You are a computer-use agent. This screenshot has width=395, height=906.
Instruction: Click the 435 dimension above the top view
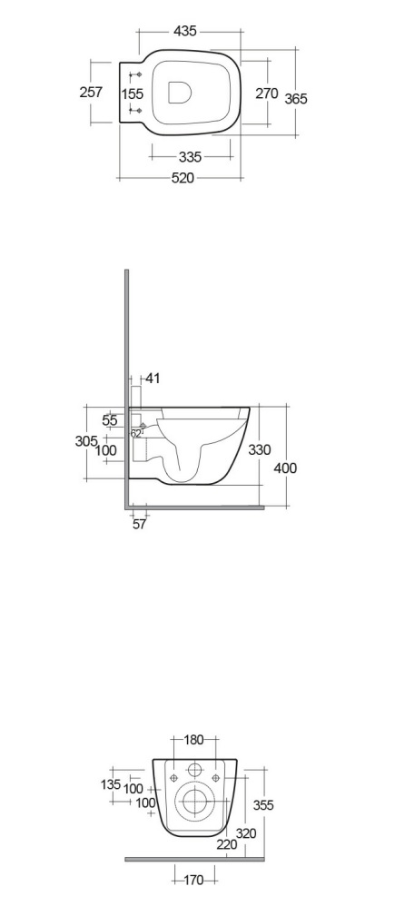tap(185, 31)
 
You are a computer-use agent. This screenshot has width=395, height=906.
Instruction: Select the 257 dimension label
tap(91, 92)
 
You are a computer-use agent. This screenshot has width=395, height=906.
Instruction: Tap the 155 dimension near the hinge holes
tap(133, 93)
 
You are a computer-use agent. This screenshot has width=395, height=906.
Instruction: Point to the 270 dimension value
tap(267, 93)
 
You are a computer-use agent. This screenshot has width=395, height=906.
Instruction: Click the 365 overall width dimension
tap(295, 99)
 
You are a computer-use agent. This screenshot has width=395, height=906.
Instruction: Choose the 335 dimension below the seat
tap(190, 156)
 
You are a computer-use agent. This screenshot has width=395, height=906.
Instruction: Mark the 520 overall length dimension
tap(183, 179)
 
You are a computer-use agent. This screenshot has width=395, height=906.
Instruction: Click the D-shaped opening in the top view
tap(179, 93)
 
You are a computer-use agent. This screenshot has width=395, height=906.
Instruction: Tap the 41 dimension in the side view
tap(153, 379)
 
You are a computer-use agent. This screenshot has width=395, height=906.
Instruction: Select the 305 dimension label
tap(87, 441)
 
